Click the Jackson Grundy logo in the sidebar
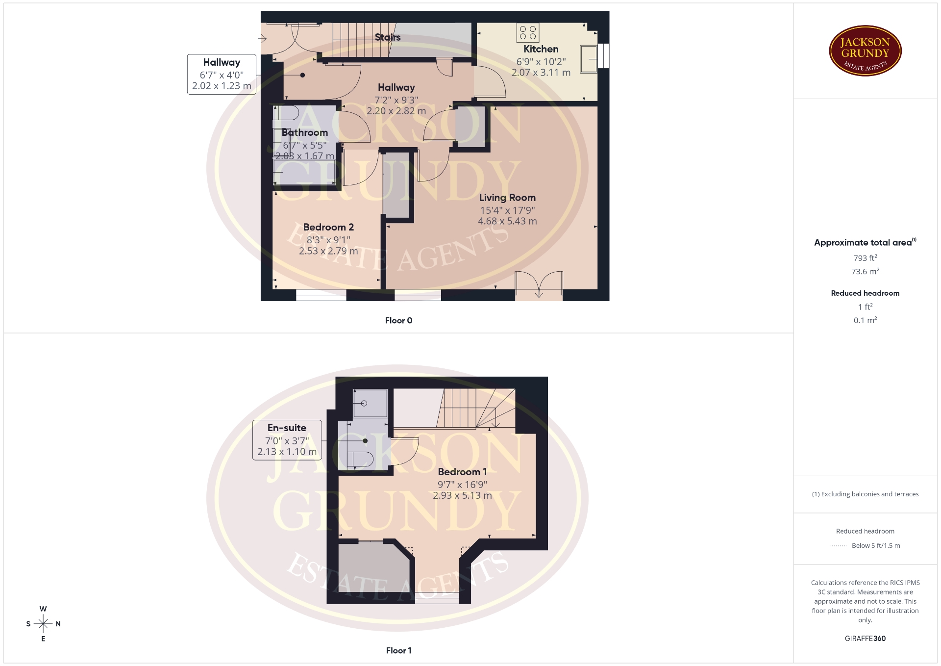coord(865,51)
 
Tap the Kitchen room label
coord(541,49)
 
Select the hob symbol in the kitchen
coord(528,33)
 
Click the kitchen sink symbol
coord(589,59)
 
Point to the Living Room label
coord(507,198)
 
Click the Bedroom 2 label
coord(328,227)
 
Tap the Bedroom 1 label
coord(462,472)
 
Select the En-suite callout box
coord(287,440)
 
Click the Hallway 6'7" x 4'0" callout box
coord(222,74)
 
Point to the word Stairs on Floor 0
coord(388,37)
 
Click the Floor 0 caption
coord(398,320)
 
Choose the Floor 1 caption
coord(398,650)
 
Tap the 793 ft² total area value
coord(865,258)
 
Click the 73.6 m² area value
coord(865,271)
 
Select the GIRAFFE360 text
coord(865,639)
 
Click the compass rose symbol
coord(43,624)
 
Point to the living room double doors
coord(539,285)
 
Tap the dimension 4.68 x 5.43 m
coord(507,221)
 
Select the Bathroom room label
coord(304,132)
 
